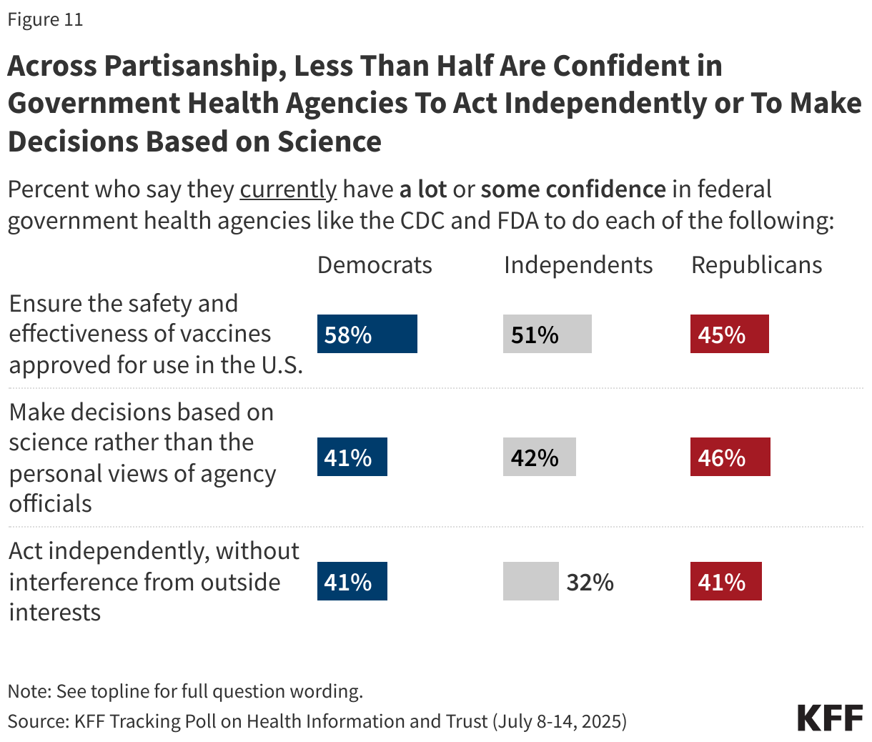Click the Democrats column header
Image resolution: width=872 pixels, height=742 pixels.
[375, 265]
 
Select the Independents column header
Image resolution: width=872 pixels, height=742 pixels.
[578, 265]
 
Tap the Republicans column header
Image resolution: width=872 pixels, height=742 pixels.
[756, 265]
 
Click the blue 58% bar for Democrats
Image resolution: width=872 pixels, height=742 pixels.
[367, 334]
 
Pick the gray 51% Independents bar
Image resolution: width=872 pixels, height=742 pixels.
[547, 334]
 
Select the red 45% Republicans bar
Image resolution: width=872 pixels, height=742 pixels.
[729, 334]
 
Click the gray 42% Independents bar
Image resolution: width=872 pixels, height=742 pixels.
[539, 457]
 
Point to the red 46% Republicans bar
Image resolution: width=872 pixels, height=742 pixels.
[730, 457]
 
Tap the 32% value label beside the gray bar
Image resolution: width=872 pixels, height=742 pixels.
[590, 582]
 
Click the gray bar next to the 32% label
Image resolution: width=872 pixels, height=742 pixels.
[530, 581]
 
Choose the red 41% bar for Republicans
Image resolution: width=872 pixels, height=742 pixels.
[725, 581]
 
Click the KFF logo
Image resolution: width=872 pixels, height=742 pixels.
[830, 717]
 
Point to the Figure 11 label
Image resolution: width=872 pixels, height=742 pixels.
[45, 19]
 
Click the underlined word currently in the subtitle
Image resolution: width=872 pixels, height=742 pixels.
[287, 189]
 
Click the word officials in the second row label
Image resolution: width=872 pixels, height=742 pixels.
[50, 504]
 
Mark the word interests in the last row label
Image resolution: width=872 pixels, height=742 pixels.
[54, 613]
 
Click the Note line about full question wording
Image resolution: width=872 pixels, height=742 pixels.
[185, 691]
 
